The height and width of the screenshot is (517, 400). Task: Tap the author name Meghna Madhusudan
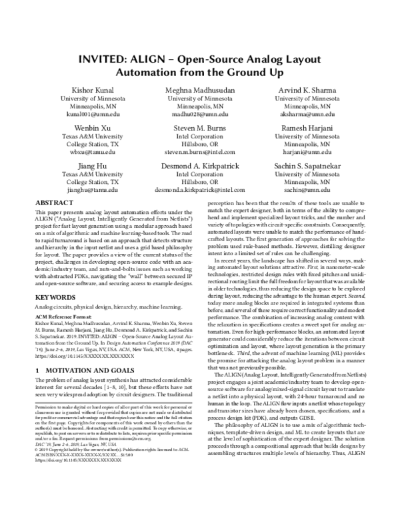tap(200, 89)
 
